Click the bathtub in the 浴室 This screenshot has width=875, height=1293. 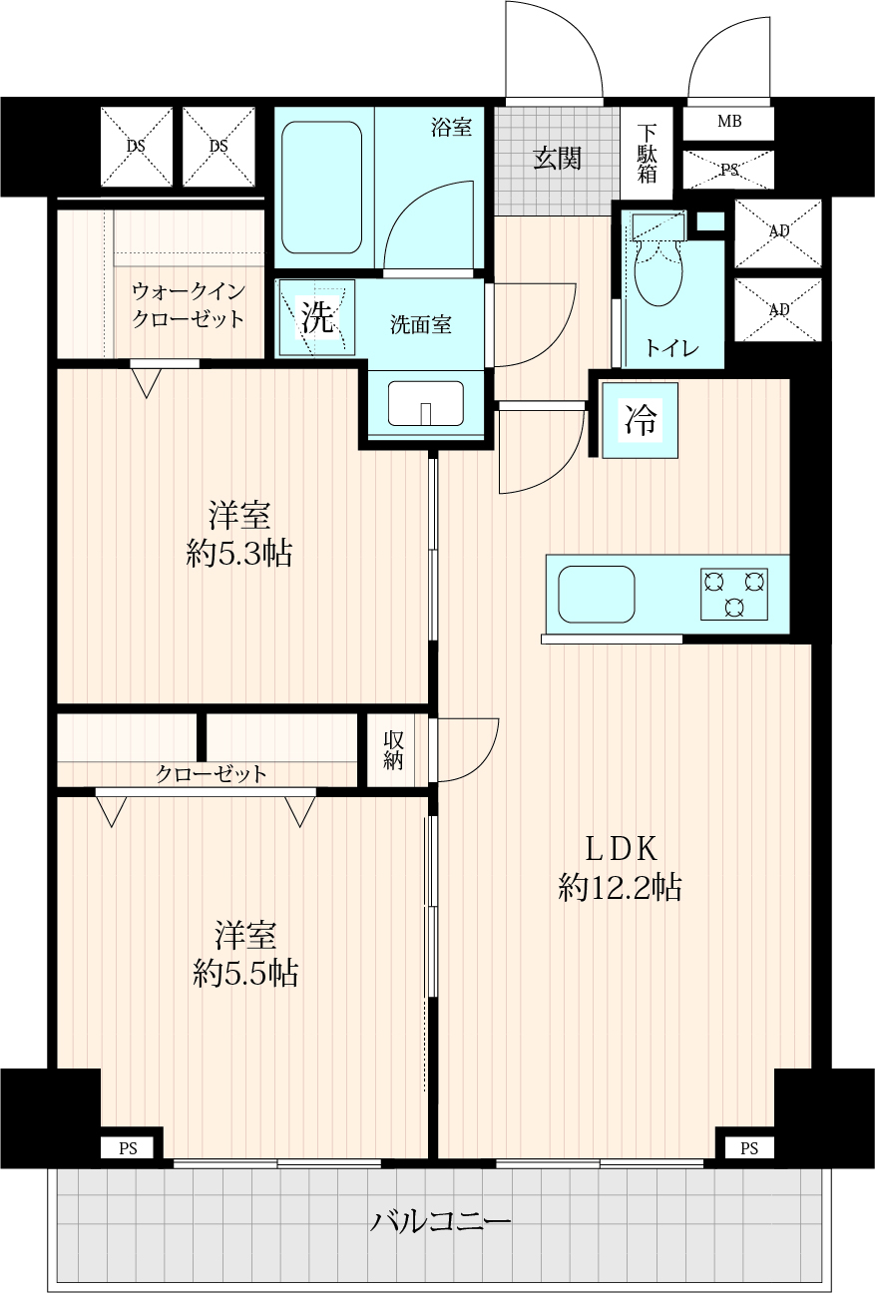coord(321,187)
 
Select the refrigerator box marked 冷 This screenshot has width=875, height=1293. coord(640,420)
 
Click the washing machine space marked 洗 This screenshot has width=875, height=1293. coord(317,317)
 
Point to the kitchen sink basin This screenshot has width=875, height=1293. coord(597,594)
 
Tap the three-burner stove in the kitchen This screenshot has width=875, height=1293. coord(734,594)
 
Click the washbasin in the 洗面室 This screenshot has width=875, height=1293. coord(426,403)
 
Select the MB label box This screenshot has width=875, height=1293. coord(729,123)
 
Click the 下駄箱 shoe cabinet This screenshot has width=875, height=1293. coord(647,154)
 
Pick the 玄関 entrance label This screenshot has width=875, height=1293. coord(557,159)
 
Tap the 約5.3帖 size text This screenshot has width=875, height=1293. coord(238,554)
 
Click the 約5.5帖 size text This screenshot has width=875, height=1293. coord(245,973)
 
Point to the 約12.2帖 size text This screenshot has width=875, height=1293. coord(620,887)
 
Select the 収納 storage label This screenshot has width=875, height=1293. coord(393,750)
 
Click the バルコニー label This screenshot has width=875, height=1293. coord(441,1222)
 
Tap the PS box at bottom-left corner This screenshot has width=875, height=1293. coord(128,1148)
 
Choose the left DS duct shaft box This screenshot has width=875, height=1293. coord(137,147)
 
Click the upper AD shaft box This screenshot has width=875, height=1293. coord(778,233)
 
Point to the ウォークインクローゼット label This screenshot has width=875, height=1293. coord(189,305)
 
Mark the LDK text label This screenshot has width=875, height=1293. coord(621,849)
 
